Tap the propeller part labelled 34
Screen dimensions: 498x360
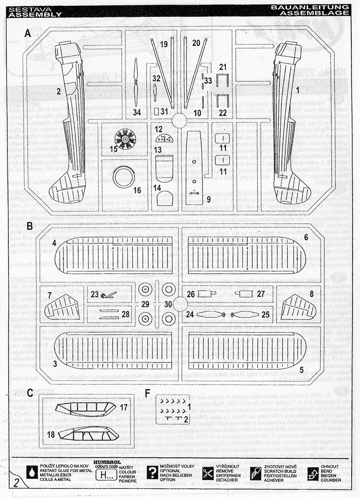[137, 82]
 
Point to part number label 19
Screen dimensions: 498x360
[164, 44]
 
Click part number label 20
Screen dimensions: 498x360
[196, 43]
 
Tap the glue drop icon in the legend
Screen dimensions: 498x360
[32, 473]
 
